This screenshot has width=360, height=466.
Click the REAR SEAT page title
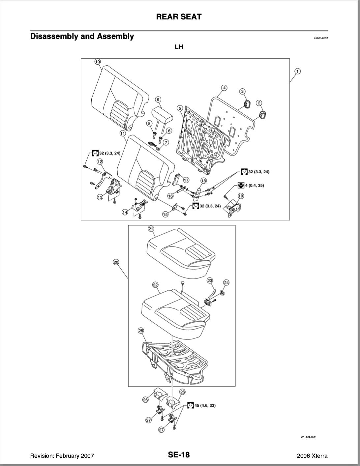(179, 17)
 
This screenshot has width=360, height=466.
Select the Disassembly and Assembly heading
(82, 36)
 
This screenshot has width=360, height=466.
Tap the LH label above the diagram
(179, 47)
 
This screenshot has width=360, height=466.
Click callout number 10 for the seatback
(97, 62)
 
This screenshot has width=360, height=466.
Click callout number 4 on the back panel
(224, 88)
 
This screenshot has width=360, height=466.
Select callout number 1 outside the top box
(297, 71)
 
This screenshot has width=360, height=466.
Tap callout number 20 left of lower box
(116, 262)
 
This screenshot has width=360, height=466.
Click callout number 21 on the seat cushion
(151, 229)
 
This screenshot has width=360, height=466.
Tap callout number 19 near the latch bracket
(241, 196)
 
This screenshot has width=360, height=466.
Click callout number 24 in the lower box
(226, 282)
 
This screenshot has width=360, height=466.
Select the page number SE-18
(179, 455)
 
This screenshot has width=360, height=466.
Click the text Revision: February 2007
(62, 456)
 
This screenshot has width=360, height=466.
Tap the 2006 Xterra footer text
(312, 456)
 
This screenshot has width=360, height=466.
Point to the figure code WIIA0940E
(308, 437)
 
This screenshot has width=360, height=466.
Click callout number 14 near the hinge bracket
(125, 212)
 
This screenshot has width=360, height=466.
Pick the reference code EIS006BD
(321, 38)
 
